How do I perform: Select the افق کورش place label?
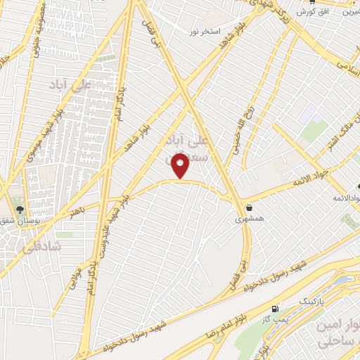coord(314,12)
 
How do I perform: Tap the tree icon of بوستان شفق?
coord(19,210)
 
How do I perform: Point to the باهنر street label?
coord(77,210)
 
